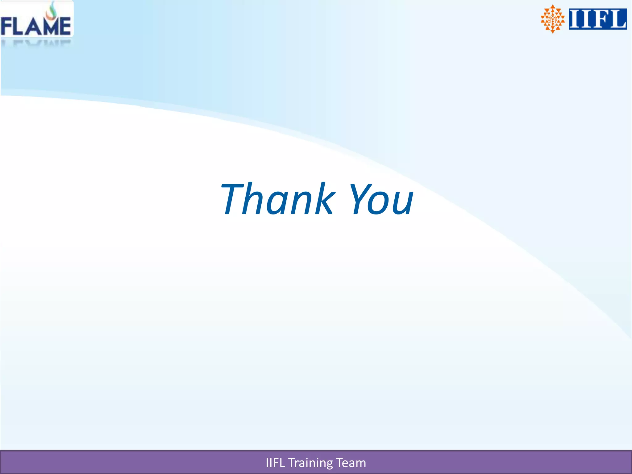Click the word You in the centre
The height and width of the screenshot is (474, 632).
point(381,199)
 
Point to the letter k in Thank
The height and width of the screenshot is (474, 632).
point(322,199)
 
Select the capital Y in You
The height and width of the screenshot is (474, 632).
point(360,199)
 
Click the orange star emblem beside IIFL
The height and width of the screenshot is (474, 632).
point(552,19)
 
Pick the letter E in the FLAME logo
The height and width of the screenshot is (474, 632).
point(65,27)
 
